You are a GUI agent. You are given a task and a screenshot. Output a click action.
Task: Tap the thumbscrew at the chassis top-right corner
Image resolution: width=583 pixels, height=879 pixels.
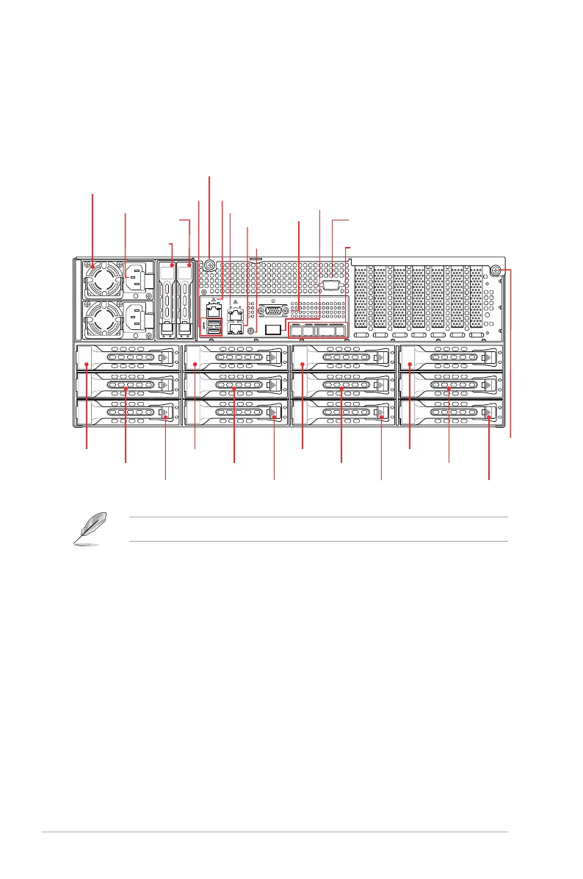tap(497, 270)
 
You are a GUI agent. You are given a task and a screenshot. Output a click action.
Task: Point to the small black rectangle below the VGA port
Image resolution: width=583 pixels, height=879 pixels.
tap(273, 329)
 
